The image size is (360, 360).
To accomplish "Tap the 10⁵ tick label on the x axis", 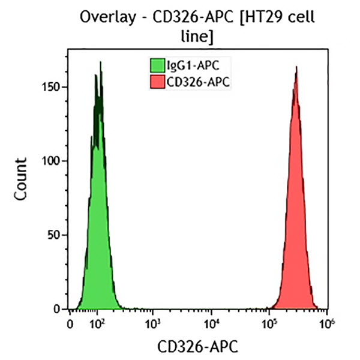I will (x=269, y=324).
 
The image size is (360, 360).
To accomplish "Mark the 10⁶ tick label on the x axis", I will (x=326, y=324).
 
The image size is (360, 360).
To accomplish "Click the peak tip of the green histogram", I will (x=100, y=62).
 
